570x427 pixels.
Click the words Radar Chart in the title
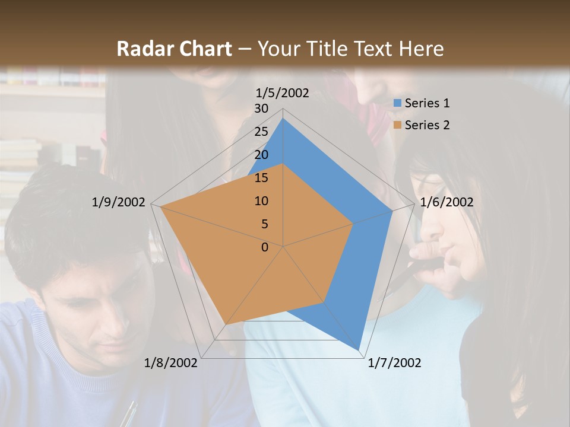coord(174,49)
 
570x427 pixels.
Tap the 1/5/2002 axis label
coord(283,93)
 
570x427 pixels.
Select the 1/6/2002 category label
coord(446,202)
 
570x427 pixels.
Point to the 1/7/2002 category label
coord(394,363)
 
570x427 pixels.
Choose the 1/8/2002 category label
coord(171,363)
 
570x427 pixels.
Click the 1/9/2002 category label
coord(119,202)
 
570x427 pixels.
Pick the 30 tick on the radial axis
coord(261,109)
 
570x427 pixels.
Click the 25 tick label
coord(261,132)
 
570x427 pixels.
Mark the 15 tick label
coord(261,178)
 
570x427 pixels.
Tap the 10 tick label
coord(261,201)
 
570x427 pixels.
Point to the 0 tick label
coord(265,247)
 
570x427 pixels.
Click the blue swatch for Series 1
coord(398,103)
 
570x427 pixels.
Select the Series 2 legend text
coord(427,125)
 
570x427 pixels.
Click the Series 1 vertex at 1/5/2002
coord(283,118)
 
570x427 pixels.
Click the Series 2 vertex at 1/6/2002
coord(353,224)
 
